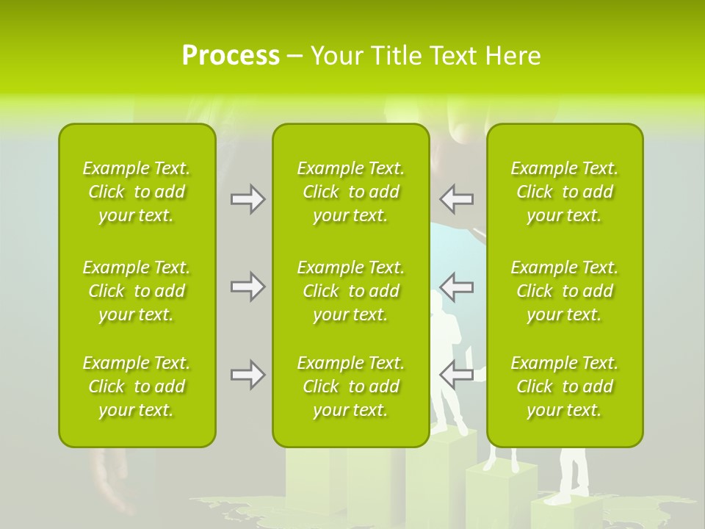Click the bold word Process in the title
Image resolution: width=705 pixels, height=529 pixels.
click(x=231, y=56)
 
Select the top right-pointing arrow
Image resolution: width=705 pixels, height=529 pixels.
click(x=247, y=199)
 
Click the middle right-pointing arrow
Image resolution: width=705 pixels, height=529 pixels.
click(x=247, y=287)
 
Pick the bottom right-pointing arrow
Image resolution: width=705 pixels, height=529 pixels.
click(x=247, y=375)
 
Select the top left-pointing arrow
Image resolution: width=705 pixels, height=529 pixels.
click(x=457, y=199)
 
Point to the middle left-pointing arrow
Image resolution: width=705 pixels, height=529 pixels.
click(x=457, y=287)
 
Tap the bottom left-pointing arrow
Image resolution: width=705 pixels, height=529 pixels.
click(x=457, y=375)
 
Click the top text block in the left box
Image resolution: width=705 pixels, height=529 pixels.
click(x=137, y=192)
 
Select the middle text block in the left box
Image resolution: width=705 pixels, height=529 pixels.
click(x=137, y=291)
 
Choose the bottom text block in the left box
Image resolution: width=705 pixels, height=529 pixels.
click(x=137, y=386)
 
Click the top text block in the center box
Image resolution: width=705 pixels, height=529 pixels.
click(x=350, y=192)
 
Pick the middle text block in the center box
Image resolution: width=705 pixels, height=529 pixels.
click(x=350, y=291)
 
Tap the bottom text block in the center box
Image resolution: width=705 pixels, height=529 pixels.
click(x=350, y=386)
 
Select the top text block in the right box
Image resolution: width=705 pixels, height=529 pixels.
click(x=564, y=192)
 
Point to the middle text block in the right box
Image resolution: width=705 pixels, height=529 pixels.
click(x=564, y=291)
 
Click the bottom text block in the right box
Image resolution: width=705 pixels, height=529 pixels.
click(x=564, y=386)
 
